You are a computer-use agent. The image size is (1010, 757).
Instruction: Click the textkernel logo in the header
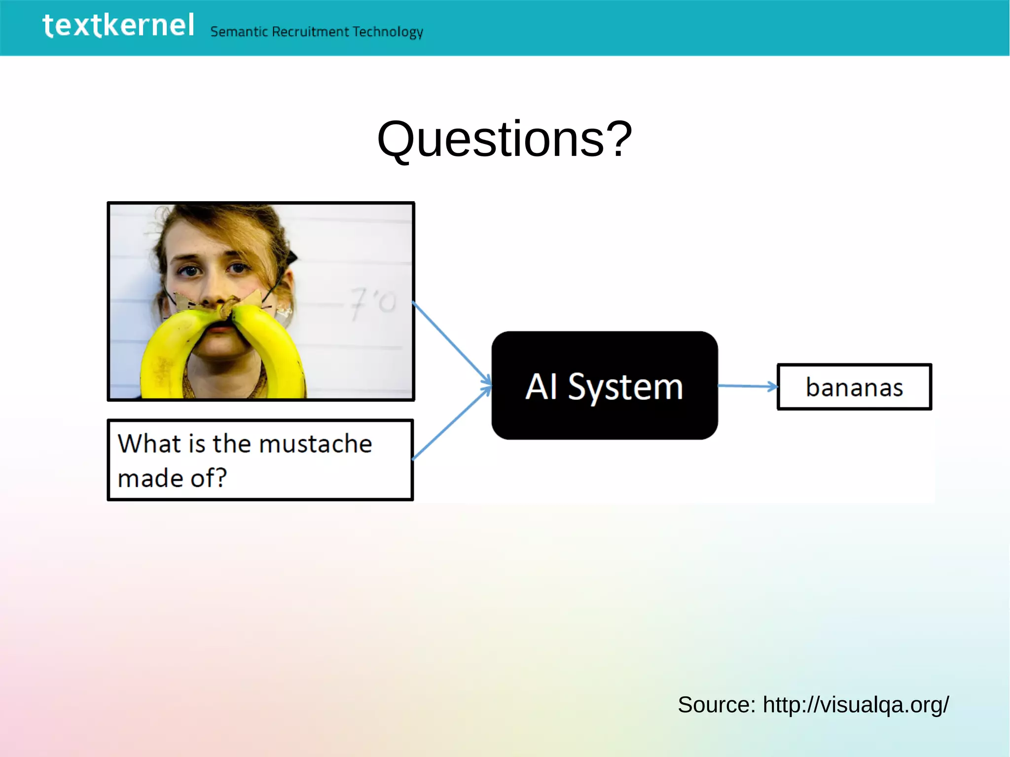[118, 26]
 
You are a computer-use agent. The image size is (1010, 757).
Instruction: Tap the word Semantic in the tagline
[239, 32]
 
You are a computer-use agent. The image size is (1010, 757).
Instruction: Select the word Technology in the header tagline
[388, 32]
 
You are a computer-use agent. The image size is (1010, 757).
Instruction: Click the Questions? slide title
[505, 140]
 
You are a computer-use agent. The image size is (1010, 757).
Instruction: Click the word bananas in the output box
[854, 387]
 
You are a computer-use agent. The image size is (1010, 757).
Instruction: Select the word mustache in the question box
[315, 443]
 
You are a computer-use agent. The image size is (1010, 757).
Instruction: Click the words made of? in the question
[172, 478]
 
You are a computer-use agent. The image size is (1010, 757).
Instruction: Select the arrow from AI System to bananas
[748, 386]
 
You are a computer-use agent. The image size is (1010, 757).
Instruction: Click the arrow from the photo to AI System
[452, 343]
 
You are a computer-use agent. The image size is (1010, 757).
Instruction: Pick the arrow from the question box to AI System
[452, 424]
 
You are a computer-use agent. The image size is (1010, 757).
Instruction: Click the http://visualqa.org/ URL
[856, 704]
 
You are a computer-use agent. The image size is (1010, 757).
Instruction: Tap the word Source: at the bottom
[716, 704]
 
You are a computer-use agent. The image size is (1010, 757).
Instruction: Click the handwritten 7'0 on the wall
[372, 302]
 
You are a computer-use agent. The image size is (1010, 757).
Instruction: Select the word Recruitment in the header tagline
[311, 32]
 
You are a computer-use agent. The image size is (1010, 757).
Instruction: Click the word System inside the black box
[625, 387]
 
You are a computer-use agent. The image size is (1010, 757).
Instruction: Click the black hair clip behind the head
[293, 256]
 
